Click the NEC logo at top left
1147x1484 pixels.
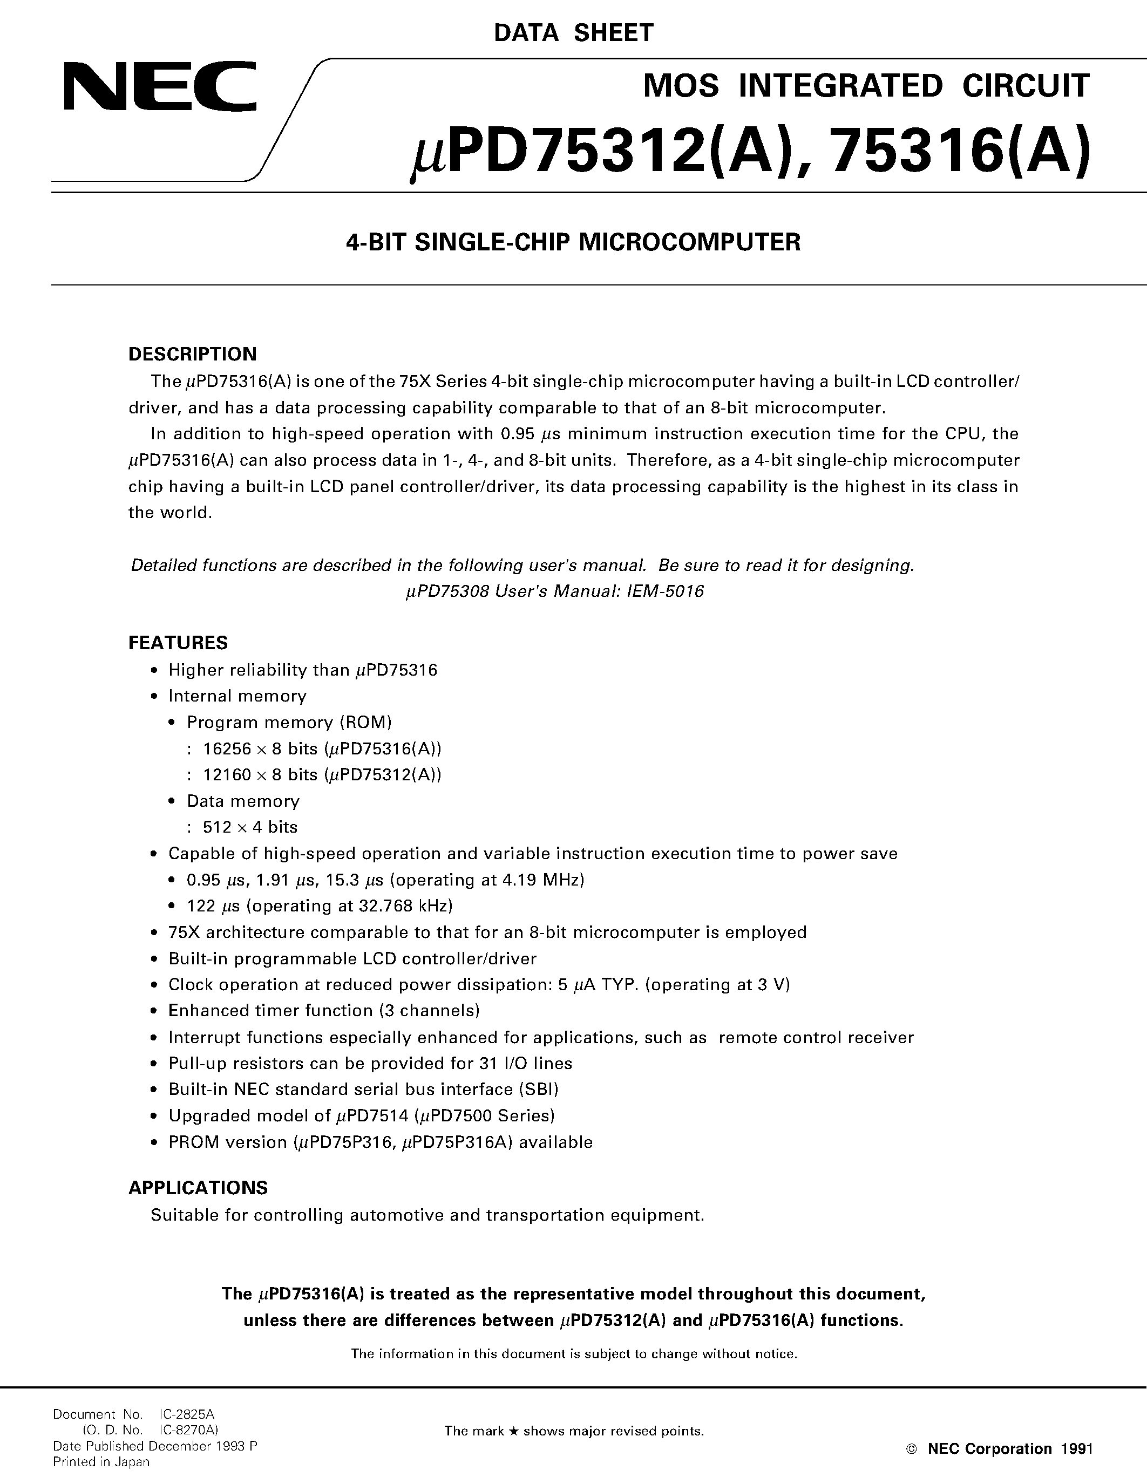[160, 86]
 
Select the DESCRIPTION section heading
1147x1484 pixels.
[192, 354]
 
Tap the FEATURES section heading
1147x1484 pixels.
[178, 642]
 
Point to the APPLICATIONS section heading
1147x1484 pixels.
[198, 1188]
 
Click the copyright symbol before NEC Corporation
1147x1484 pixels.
[912, 1449]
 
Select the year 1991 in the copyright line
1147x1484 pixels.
[1076, 1449]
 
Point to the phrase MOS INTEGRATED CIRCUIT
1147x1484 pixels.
[866, 86]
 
